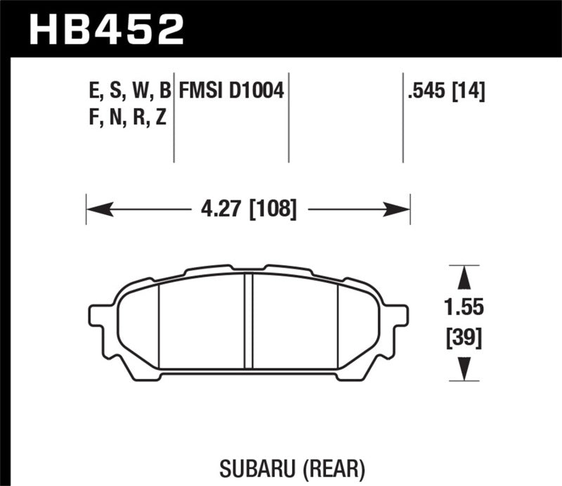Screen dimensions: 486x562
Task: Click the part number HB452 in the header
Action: [105, 30]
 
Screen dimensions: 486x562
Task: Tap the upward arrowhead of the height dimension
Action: [463, 277]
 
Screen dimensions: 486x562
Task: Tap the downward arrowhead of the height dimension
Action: [463, 369]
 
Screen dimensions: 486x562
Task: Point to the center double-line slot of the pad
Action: [248, 320]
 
